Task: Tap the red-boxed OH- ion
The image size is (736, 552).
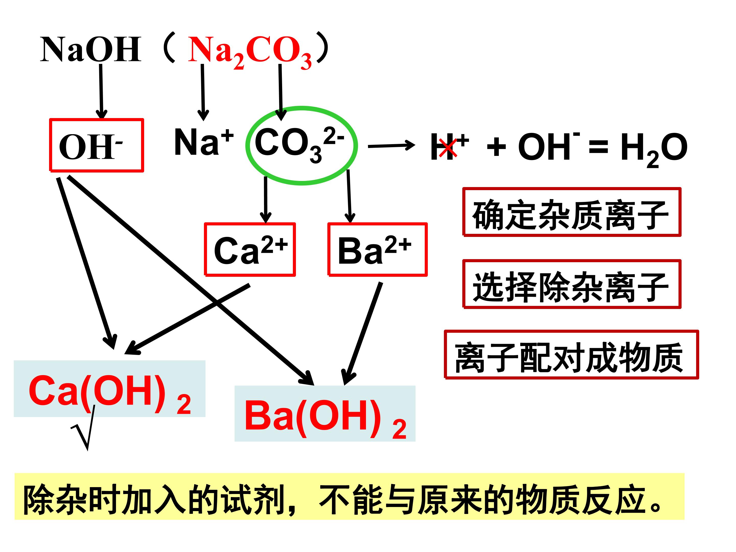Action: pos(97,145)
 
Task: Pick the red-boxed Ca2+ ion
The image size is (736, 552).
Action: pos(250,249)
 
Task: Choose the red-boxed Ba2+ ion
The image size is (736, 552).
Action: pos(377,249)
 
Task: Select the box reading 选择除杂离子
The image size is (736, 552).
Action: pos(572,284)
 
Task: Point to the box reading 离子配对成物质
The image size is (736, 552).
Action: pos(571,355)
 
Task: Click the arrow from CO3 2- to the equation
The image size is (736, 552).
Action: pos(391,146)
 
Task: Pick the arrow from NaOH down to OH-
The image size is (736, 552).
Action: pos(101,91)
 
